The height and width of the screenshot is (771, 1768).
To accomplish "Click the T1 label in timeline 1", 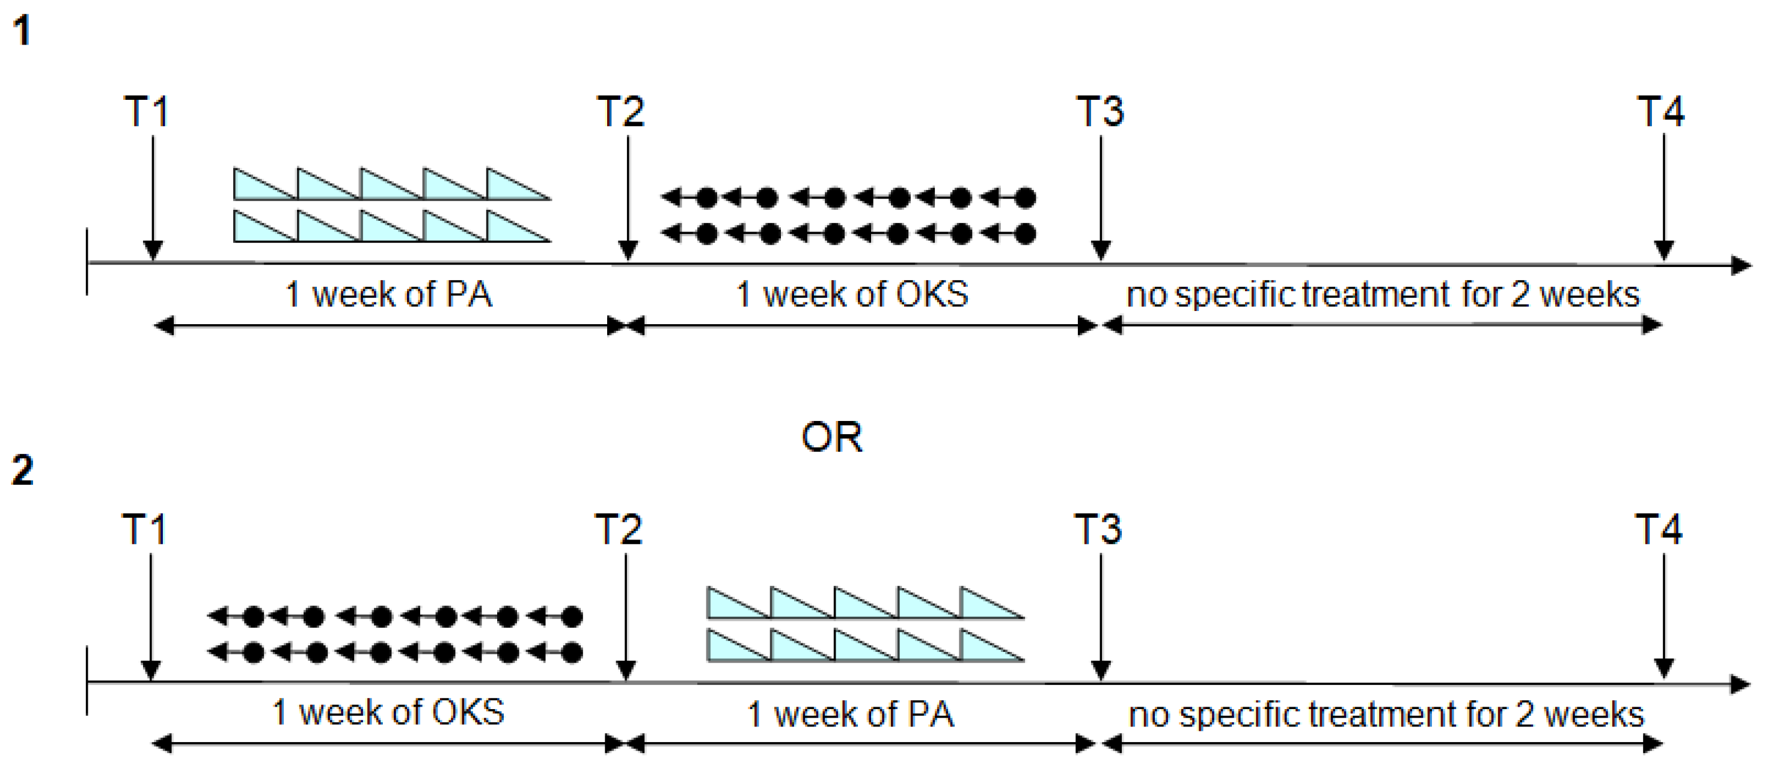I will [145, 111].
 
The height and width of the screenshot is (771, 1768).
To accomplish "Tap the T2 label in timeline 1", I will [620, 111].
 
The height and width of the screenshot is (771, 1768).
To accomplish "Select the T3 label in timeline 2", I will [1098, 529].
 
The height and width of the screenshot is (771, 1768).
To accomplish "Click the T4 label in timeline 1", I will [1660, 111].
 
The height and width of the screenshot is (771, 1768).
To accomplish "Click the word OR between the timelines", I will [831, 437].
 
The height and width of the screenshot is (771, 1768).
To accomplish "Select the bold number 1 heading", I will [22, 32].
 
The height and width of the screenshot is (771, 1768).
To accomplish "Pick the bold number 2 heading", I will [22, 471].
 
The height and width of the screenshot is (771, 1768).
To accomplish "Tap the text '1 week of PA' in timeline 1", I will [388, 295].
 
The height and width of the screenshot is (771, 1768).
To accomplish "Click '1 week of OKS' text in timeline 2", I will [388, 712].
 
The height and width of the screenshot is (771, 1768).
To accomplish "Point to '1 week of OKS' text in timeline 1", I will [852, 295].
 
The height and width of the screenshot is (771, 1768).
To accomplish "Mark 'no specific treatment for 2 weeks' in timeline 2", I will [1386, 714].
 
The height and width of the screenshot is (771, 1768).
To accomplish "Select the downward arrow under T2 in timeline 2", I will [625, 618].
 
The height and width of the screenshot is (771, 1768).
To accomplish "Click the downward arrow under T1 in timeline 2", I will [150, 618].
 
